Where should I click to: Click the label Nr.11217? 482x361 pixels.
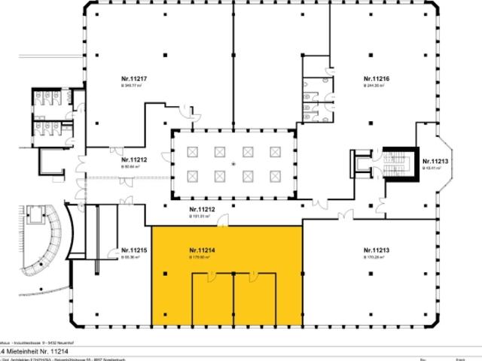click(x=132, y=78)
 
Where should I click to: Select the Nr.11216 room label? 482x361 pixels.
click(x=375, y=78)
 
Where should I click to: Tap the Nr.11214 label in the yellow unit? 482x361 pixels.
click(x=202, y=250)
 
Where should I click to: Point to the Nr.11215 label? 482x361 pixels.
click(x=133, y=250)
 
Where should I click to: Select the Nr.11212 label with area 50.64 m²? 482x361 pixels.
click(x=133, y=159)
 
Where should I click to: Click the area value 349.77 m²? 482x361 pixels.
click(x=132, y=86)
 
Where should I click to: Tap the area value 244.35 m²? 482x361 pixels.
click(x=374, y=86)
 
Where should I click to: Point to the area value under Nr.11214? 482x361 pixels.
click(x=200, y=257)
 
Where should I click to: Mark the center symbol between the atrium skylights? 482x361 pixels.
click(x=233, y=163)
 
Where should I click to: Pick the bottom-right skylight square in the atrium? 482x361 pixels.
click(x=275, y=176)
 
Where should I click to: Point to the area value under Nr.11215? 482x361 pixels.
click(x=132, y=257)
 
